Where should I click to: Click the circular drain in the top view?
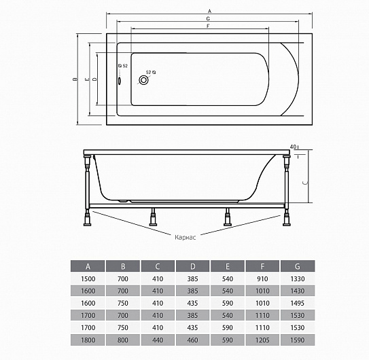[143, 80]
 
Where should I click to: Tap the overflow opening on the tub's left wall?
[120, 80]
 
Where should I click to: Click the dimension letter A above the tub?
[210, 11]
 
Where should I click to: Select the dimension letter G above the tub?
[208, 18]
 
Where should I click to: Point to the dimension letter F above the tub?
[208, 26]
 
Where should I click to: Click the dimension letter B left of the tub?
[75, 79]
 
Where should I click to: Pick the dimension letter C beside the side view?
[305, 183]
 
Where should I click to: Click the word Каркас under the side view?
[186, 237]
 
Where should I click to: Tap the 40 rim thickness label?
[293, 147]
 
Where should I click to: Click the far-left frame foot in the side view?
[87, 217]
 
